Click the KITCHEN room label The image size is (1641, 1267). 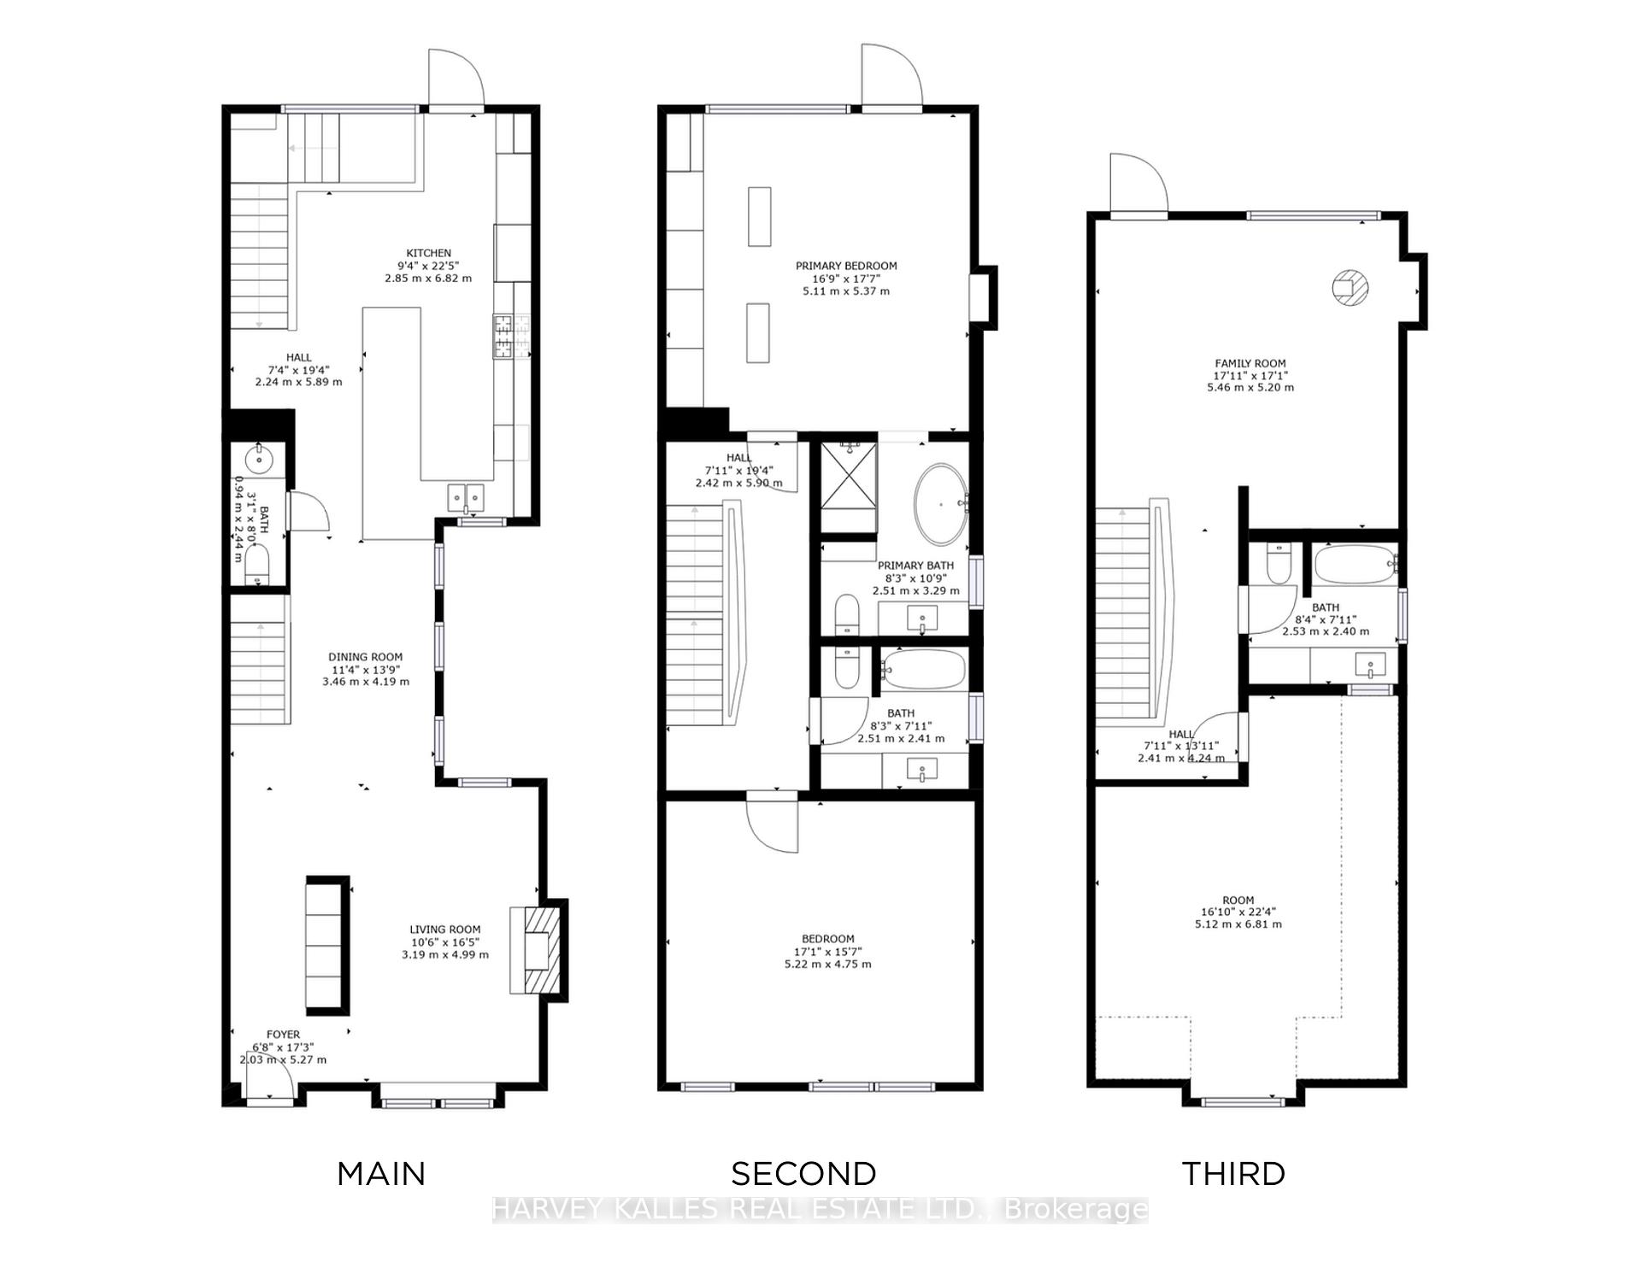click(428, 253)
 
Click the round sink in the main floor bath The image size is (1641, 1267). click(257, 459)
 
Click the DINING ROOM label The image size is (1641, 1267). click(365, 657)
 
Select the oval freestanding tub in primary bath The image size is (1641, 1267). click(940, 505)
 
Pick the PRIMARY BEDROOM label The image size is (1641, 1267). click(846, 266)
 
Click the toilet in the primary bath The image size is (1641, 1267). click(846, 614)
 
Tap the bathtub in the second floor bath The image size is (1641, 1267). click(924, 669)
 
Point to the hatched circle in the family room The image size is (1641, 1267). click(1350, 287)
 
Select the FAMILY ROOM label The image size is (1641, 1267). click(1250, 363)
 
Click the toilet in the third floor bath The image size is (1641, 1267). click(1279, 564)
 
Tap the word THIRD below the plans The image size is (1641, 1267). click(1233, 1174)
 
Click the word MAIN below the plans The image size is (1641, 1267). click(381, 1174)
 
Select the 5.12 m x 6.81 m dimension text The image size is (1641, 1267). click(1238, 924)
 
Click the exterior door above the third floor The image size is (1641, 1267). click(1138, 184)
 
